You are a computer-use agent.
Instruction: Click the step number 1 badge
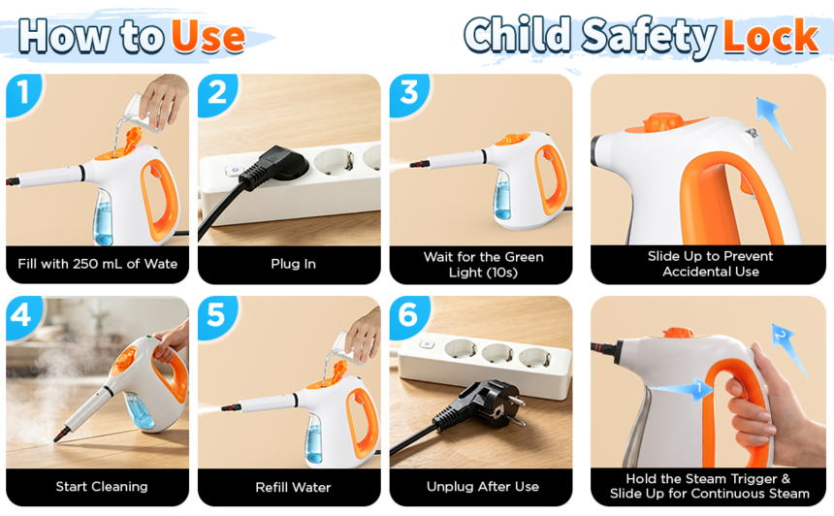point(23,93)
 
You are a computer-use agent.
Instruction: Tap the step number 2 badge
point(216,93)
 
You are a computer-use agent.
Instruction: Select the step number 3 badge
point(408,93)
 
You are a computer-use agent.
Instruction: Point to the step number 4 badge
point(23,316)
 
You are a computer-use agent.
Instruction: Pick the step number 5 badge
point(216,316)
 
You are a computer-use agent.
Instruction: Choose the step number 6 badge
point(408,316)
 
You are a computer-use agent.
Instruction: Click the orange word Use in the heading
point(208,37)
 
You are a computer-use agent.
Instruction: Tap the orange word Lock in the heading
point(771,36)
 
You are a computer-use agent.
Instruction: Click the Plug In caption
point(293,264)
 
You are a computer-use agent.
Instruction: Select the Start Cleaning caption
point(102,487)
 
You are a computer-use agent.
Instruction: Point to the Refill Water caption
point(293,487)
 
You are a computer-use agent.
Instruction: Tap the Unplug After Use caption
point(482,487)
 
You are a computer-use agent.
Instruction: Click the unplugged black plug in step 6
point(481,405)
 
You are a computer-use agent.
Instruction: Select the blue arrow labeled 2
point(789,348)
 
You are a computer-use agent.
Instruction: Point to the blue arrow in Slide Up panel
point(774,122)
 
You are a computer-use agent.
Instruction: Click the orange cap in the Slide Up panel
point(664,122)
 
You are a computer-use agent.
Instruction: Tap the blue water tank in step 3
point(502,196)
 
